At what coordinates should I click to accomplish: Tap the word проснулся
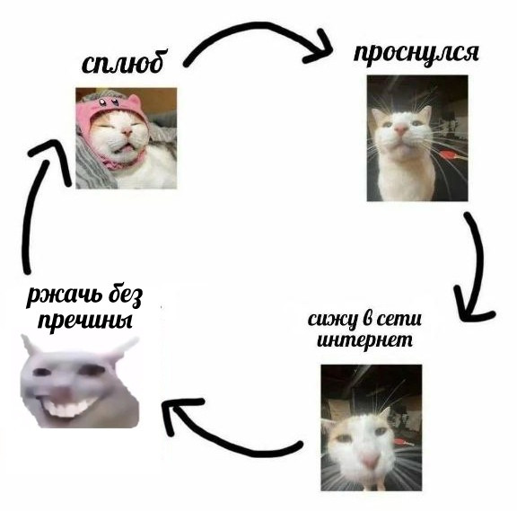[x=416, y=54]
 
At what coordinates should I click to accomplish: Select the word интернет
[x=364, y=340]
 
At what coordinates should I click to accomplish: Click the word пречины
[x=85, y=320]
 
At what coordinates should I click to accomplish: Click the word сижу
[x=332, y=320]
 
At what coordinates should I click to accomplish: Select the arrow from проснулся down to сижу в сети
[x=478, y=264]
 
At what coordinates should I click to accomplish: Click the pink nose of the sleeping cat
[x=127, y=132]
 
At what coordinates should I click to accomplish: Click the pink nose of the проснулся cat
[x=400, y=129]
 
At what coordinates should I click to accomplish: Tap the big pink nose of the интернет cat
[x=370, y=461]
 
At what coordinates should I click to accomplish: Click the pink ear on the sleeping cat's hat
[x=135, y=100]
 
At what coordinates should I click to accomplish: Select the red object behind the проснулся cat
[x=450, y=154]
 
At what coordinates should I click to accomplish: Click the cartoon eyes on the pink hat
[x=108, y=102]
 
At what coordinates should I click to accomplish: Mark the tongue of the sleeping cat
[x=124, y=151]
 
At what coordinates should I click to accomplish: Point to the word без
[x=125, y=295]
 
